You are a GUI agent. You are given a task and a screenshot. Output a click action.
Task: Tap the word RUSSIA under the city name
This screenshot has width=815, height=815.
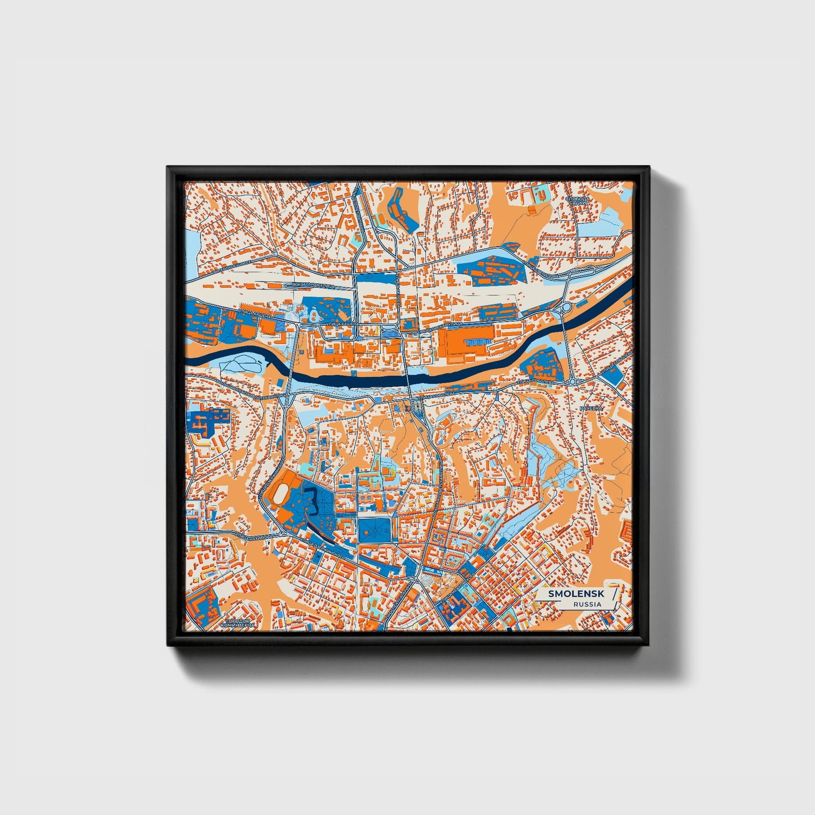[587, 604]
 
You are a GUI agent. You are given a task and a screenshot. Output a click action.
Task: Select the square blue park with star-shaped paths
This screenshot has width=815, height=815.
[374, 530]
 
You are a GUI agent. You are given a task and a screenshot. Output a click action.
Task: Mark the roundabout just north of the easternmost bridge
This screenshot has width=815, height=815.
[566, 307]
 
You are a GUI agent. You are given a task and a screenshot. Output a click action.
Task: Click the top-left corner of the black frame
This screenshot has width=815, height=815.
[169, 168]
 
